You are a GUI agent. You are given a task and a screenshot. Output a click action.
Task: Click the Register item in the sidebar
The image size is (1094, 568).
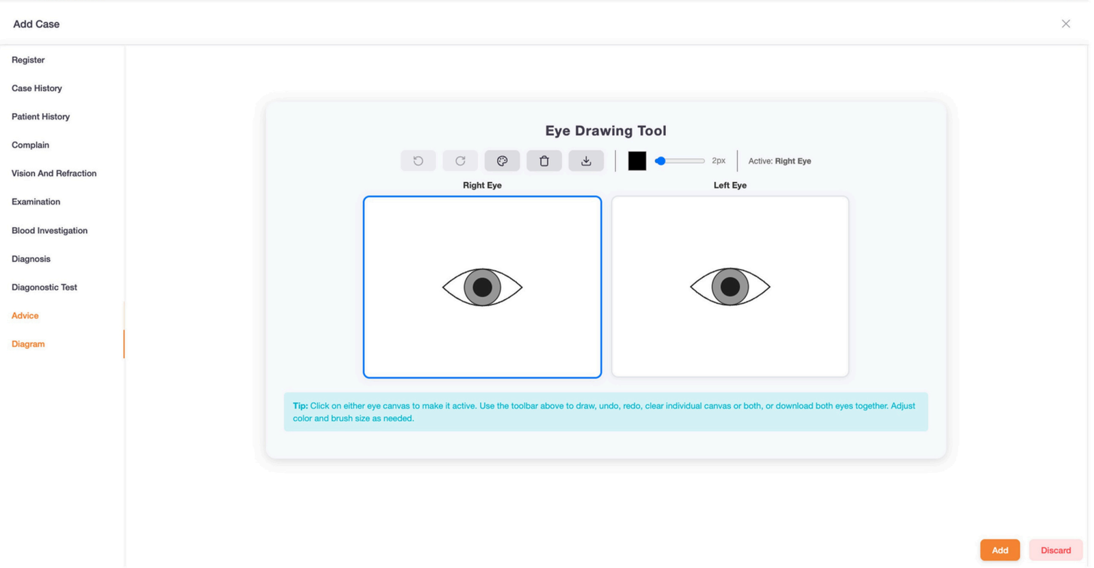(x=28, y=60)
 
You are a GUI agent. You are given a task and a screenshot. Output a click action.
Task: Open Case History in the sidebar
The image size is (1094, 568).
(x=37, y=88)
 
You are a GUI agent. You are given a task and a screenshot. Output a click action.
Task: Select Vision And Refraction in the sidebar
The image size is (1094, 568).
(x=54, y=173)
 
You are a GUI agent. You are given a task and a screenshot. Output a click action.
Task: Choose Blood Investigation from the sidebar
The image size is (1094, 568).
(x=49, y=231)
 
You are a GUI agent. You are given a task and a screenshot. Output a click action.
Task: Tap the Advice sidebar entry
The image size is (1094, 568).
(x=25, y=315)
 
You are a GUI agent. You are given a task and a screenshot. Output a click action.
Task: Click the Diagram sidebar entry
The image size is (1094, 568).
(x=28, y=344)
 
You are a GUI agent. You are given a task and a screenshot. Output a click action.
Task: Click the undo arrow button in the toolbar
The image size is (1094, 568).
(x=418, y=161)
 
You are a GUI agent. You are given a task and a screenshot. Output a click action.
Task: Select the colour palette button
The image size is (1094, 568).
(x=502, y=161)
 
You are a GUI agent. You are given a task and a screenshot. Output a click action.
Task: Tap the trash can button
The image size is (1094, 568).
(x=544, y=161)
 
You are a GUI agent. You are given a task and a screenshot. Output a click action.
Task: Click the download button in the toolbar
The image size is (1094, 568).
(x=586, y=161)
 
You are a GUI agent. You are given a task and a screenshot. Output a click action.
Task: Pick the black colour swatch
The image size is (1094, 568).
(x=637, y=161)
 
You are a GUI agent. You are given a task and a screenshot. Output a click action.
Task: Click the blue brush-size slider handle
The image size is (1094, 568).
(x=660, y=161)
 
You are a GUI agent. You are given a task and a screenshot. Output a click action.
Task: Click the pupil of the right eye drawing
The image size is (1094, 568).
(x=482, y=287)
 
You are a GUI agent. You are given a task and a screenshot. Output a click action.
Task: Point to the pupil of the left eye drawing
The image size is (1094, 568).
(x=730, y=287)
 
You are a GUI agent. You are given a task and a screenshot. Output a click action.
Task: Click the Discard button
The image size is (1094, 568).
(x=1055, y=550)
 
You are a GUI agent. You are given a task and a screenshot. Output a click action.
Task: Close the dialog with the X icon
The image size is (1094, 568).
(x=1065, y=24)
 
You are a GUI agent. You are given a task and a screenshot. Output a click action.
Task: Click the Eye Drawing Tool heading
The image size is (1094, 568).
(x=605, y=131)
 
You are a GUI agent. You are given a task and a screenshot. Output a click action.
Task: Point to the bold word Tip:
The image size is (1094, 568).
(x=300, y=406)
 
